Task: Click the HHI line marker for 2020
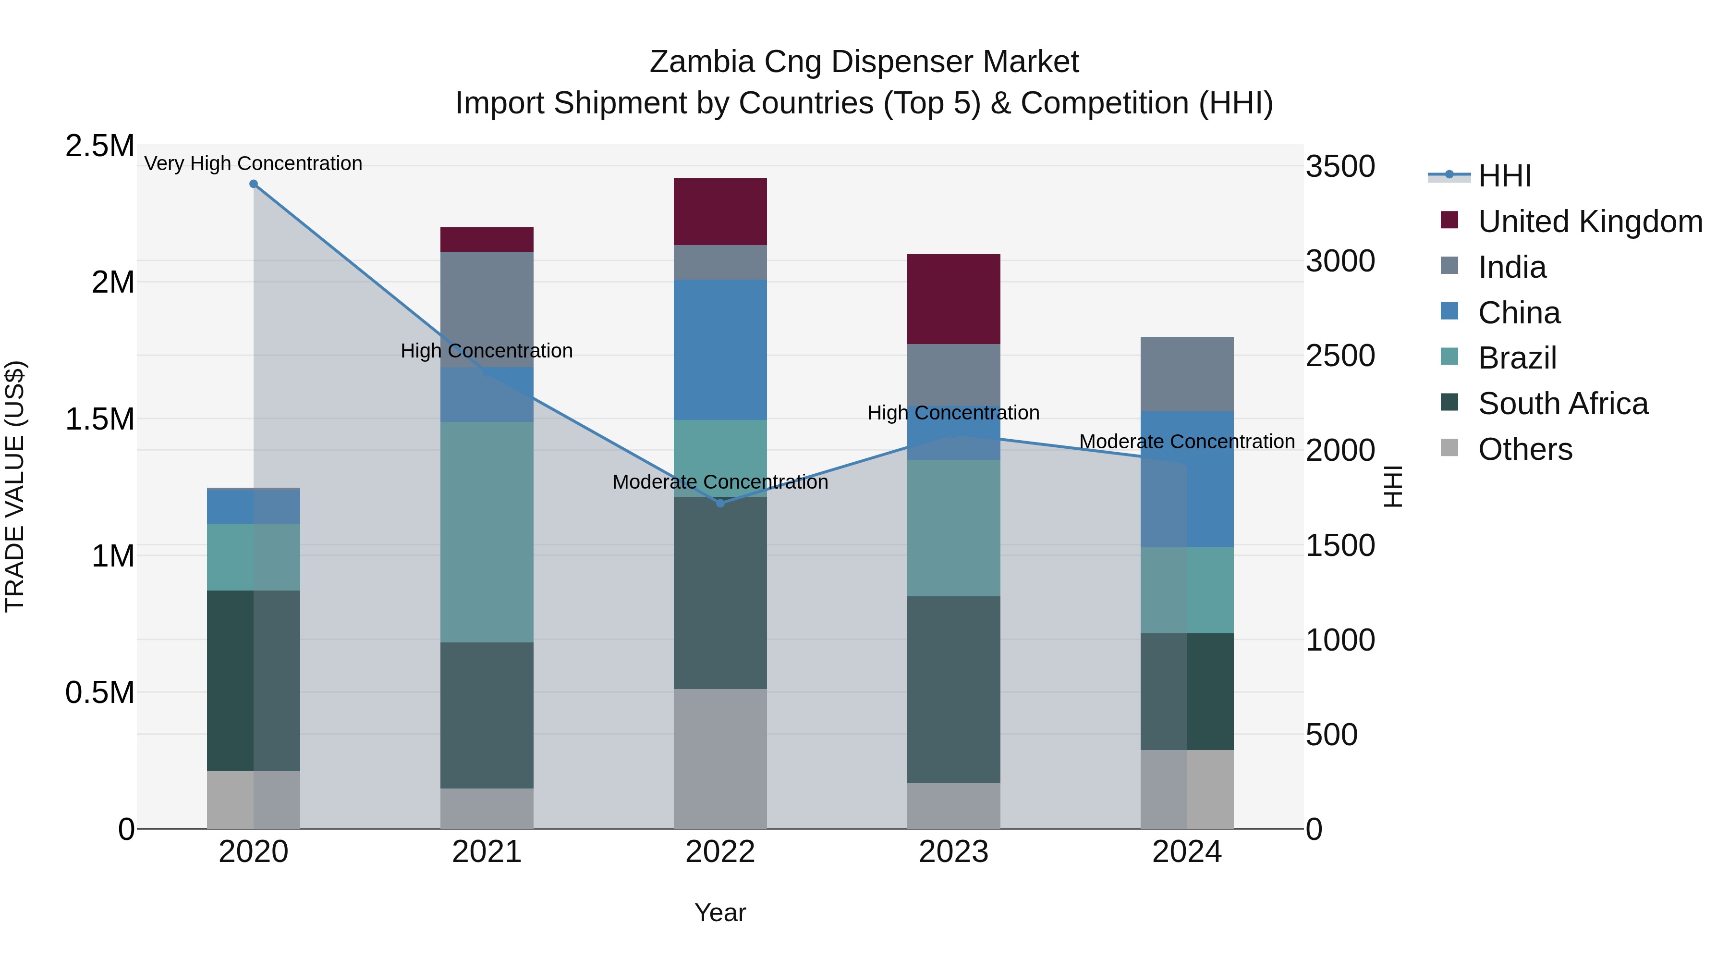point(253,184)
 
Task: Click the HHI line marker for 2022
point(720,503)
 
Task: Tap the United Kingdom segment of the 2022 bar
point(720,211)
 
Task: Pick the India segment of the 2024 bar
point(1187,374)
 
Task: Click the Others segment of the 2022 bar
point(720,758)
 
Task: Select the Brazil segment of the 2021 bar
point(487,532)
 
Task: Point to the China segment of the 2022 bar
point(720,349)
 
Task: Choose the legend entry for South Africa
point(1562,404)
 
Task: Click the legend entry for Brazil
point(1517,358)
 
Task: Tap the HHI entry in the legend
point(1504,176)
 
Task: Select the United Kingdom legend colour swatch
point(1449,220)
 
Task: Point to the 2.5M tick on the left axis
point(99,146)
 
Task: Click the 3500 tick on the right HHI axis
point(1339,167)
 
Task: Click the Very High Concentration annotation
point(253,163)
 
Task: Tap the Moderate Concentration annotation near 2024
point(1187,442)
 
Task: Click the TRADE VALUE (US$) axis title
point(15,486)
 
